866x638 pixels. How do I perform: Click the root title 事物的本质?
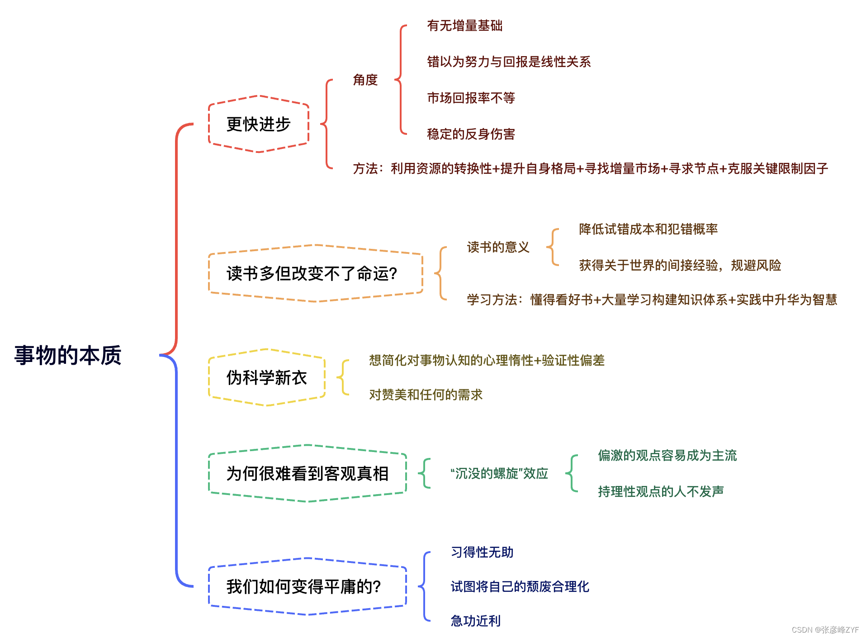(x=68, y=355)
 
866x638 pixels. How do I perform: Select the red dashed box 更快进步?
(x=258, y=124)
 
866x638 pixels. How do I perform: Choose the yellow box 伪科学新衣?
(x=266, y=377)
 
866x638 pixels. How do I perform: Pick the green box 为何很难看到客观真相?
(x=307, y=473)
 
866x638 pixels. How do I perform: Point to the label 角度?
(x=365, y=80)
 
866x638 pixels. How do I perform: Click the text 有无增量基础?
(x=464, y=26)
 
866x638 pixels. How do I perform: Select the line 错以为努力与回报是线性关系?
(x=509, y=62)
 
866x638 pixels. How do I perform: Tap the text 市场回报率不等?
(x=471, y=98)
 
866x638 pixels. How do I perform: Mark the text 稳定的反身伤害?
(x=471, y=134)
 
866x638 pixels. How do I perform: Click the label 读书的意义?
(x=498, y=247)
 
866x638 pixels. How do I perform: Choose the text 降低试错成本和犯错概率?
(x=648, y=229)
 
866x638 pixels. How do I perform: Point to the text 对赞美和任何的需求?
(x=426, y=395)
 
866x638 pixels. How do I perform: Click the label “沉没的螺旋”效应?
(x=499, y=473)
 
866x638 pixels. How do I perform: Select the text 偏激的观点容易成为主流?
(x=667, y=455)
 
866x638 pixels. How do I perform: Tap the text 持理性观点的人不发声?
(x=661, y=491)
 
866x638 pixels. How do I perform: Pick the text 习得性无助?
(x=482, y=552)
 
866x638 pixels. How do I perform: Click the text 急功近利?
(x=475, y=621)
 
